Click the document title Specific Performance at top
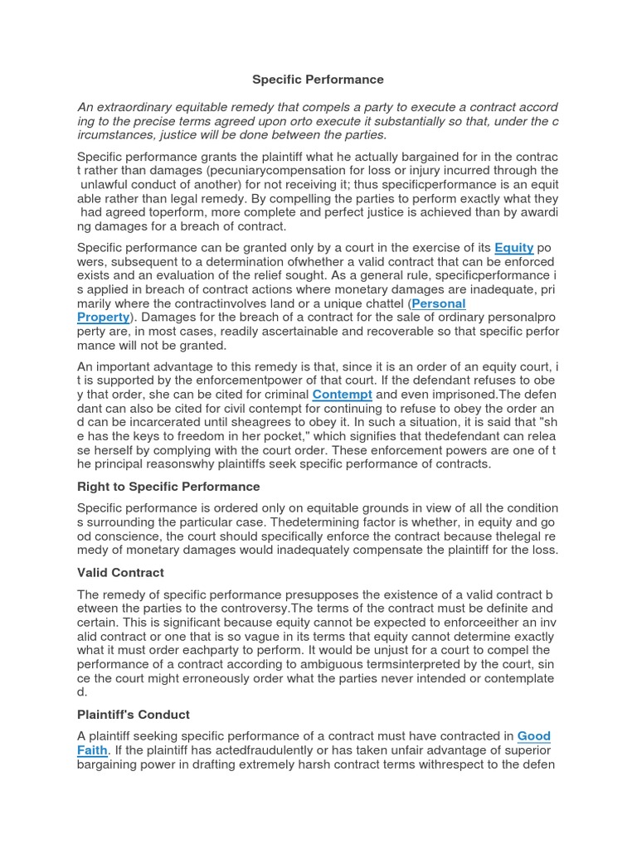click(318, 80)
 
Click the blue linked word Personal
click(439, 303)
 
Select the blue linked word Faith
click(92, 750)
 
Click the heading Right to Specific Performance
click(168, 487)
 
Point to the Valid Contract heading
click(120, 572)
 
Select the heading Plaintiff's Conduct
click(134, 714)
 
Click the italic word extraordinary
click(136, 107)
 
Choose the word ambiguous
click(325, 664)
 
